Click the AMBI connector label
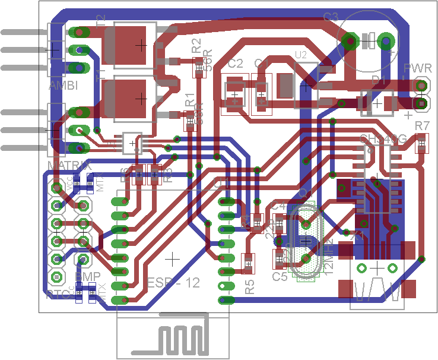64,87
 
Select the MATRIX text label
68,165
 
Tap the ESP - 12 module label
173,283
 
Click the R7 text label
422,126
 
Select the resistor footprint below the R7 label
422,143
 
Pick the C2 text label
236,64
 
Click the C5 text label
280,276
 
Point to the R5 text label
250,288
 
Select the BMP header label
86,276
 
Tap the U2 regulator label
301,55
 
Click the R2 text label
197,46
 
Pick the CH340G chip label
383,139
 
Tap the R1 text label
189,99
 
